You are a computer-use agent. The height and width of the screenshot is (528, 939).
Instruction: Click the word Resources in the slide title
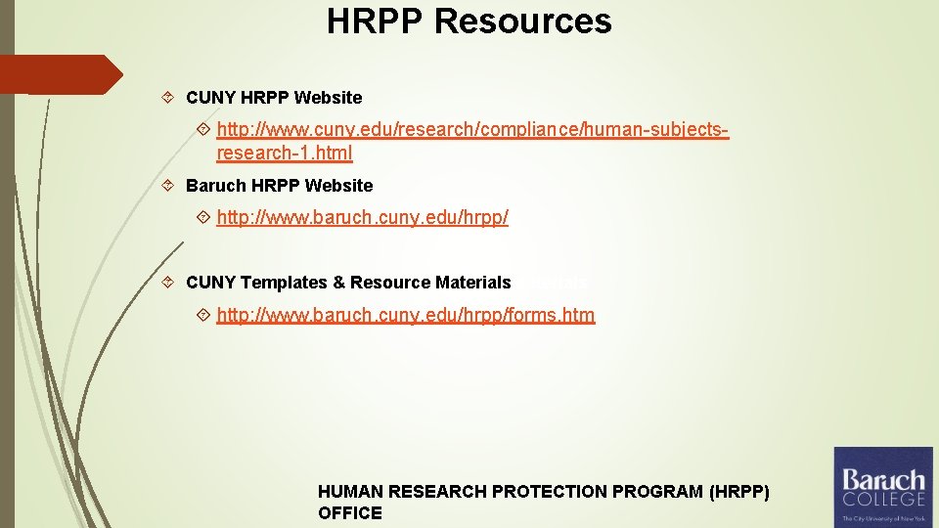523,22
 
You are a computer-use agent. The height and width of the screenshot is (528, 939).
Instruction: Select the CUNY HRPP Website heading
274,98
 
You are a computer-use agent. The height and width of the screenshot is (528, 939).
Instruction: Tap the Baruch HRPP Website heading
279,186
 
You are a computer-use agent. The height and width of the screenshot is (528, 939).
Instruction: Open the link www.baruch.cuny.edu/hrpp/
362,217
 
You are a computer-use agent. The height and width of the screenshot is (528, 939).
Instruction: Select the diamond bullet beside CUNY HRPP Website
168,98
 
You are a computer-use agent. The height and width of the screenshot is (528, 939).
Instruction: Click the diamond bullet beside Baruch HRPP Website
168,186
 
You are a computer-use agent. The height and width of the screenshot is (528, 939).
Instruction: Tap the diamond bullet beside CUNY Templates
168,283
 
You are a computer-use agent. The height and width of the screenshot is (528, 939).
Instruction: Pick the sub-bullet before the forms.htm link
203,315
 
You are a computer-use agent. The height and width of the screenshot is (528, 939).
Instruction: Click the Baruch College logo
883,486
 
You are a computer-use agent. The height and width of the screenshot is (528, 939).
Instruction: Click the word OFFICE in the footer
349,513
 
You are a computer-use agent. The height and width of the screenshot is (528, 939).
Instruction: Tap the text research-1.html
284,154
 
